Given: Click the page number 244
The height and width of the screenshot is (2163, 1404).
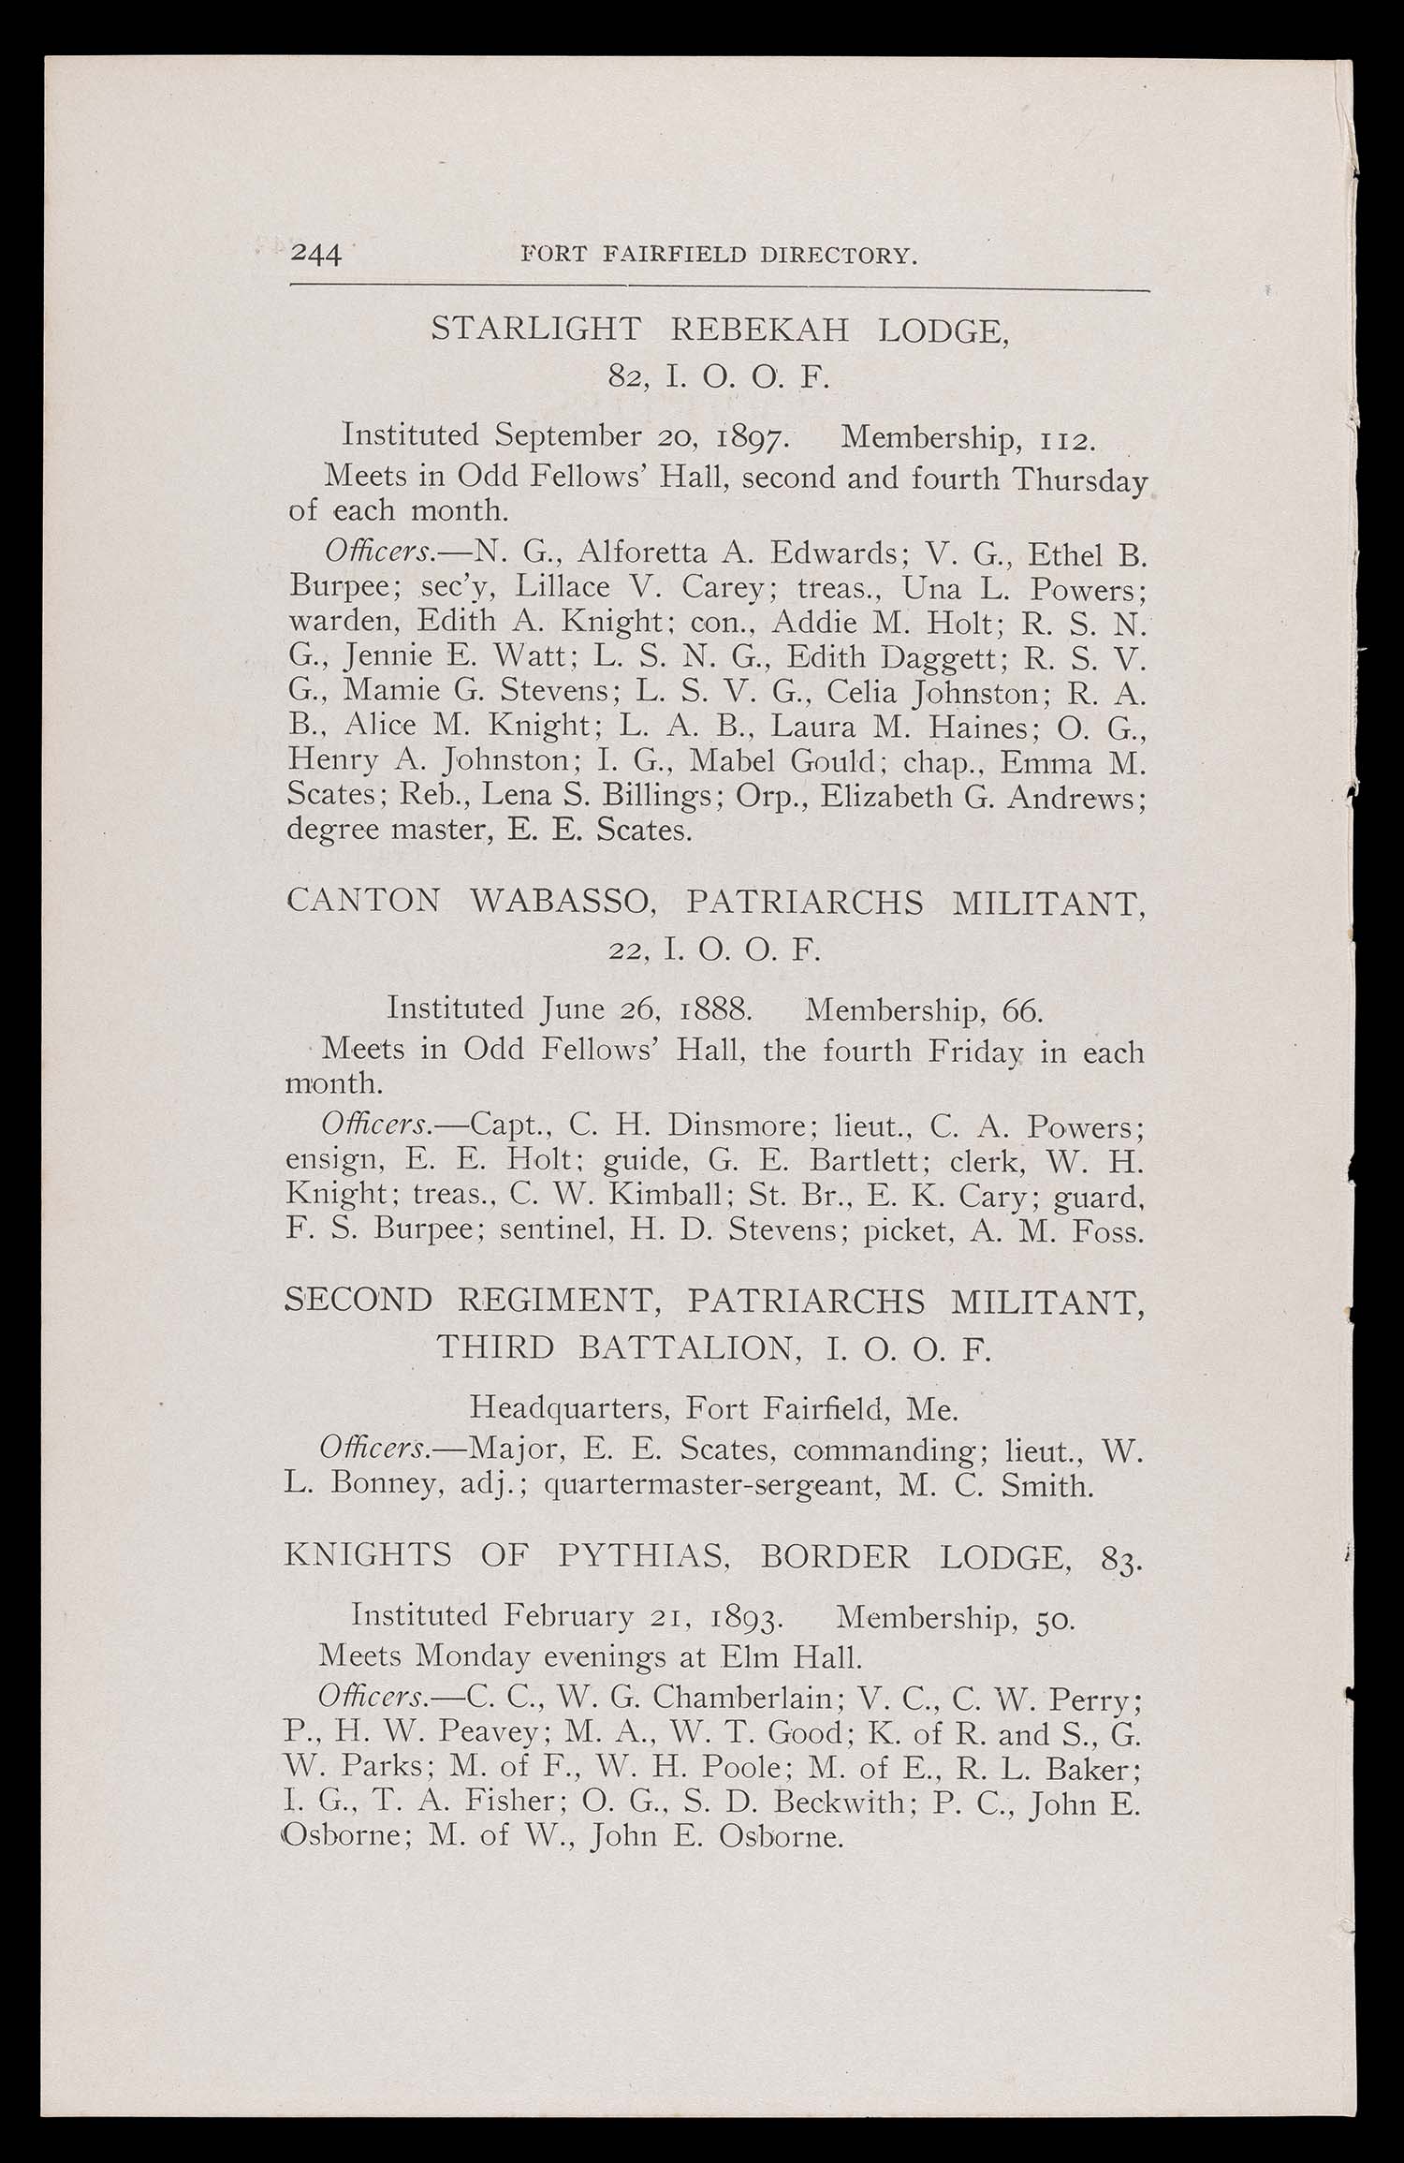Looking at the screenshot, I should tap(316, 254).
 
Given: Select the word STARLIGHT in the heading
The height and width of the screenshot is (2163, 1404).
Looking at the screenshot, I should tap(536, 330).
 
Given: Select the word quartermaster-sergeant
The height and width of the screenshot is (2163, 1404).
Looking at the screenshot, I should tap(708, 1486).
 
